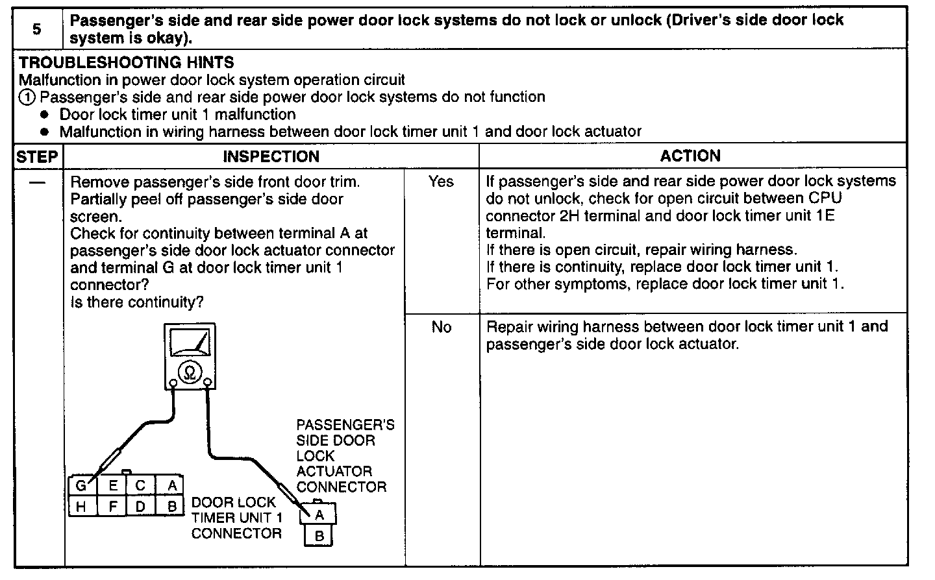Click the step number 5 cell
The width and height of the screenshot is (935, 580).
(38, 29)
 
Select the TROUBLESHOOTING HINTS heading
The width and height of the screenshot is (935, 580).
(127, 63)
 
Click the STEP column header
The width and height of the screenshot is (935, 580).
(37, 156)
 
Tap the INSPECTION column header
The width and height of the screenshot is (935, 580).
(271, 156)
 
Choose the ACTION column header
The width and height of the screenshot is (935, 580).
(690, 156)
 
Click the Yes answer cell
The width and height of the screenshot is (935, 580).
(441, 182)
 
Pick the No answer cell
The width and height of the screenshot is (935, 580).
(441, 327)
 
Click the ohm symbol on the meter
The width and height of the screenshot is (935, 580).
(190, 372)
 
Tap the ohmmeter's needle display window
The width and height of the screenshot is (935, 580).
(190, 342)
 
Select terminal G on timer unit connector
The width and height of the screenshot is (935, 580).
(81, 486)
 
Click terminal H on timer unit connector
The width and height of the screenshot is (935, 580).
(81, 506)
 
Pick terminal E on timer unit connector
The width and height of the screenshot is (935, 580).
(112, 486)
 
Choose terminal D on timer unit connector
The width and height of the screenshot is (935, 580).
(141, 506)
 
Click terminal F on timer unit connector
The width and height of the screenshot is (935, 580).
(112, 506)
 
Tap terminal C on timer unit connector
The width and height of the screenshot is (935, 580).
(141, 486)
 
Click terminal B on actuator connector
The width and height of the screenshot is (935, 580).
(319, 537)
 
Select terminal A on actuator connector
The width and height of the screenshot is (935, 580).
(319, 515)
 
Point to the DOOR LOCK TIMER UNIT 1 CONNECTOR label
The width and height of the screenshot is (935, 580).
(237, 518)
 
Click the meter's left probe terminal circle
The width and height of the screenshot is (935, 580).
(173, 383)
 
